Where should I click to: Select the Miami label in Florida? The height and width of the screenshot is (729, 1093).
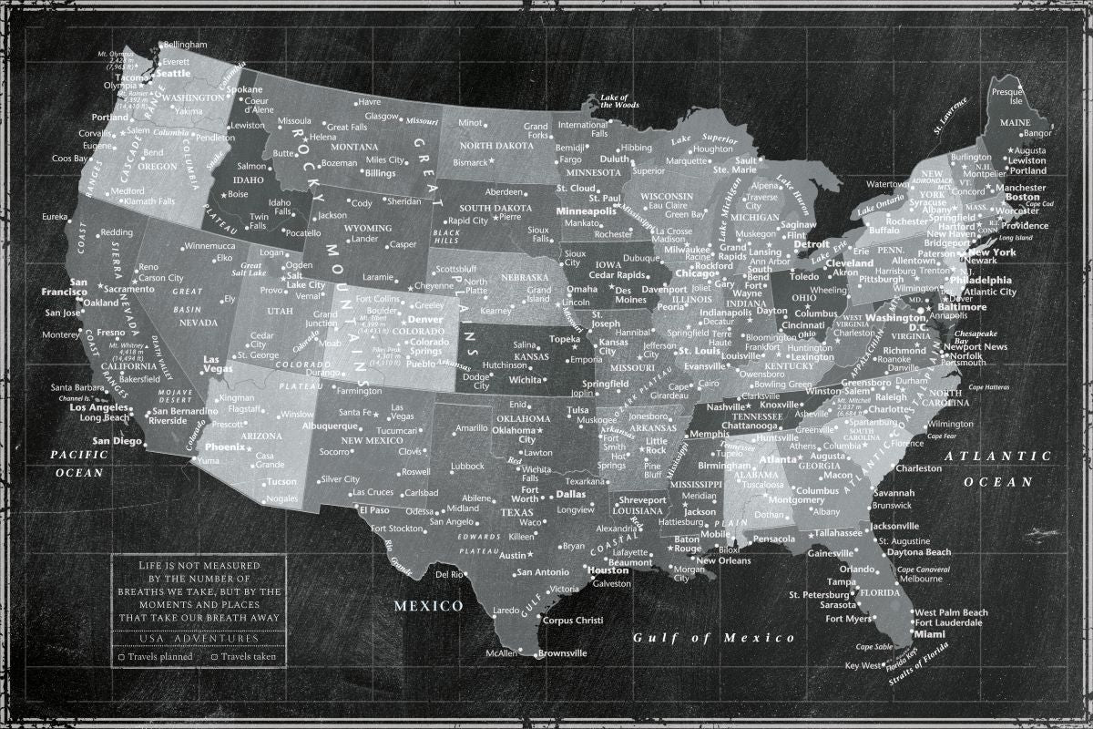point(930,633)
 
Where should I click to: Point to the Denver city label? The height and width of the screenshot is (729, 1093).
point(424,320)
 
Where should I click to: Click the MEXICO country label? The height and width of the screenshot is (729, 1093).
point(428,605)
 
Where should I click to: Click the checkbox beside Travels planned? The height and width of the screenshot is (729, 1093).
point(121,656)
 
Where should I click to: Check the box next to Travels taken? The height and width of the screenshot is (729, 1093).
point(214,656)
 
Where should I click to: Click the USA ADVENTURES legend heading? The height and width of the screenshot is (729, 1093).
point(199,638)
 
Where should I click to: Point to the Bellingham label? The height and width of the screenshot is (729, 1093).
point(186,44)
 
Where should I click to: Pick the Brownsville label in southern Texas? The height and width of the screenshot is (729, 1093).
point(562,653)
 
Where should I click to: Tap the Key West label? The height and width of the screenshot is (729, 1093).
point(864,665)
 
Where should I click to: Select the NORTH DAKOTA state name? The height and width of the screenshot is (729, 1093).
point(495,146)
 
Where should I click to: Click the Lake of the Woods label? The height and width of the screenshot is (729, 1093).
point(619,101)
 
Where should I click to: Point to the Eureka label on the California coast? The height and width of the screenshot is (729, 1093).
point(55,216)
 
